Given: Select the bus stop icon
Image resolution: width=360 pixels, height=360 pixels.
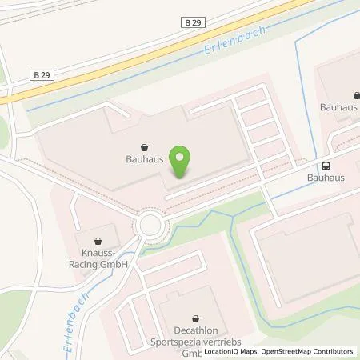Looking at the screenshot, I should point(326,166).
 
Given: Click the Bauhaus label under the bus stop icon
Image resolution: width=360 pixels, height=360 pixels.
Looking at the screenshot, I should point(326,178).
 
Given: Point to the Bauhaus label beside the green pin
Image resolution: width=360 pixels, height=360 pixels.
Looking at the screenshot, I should point(144,159).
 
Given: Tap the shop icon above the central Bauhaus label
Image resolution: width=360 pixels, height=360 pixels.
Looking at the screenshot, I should point(144,147).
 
